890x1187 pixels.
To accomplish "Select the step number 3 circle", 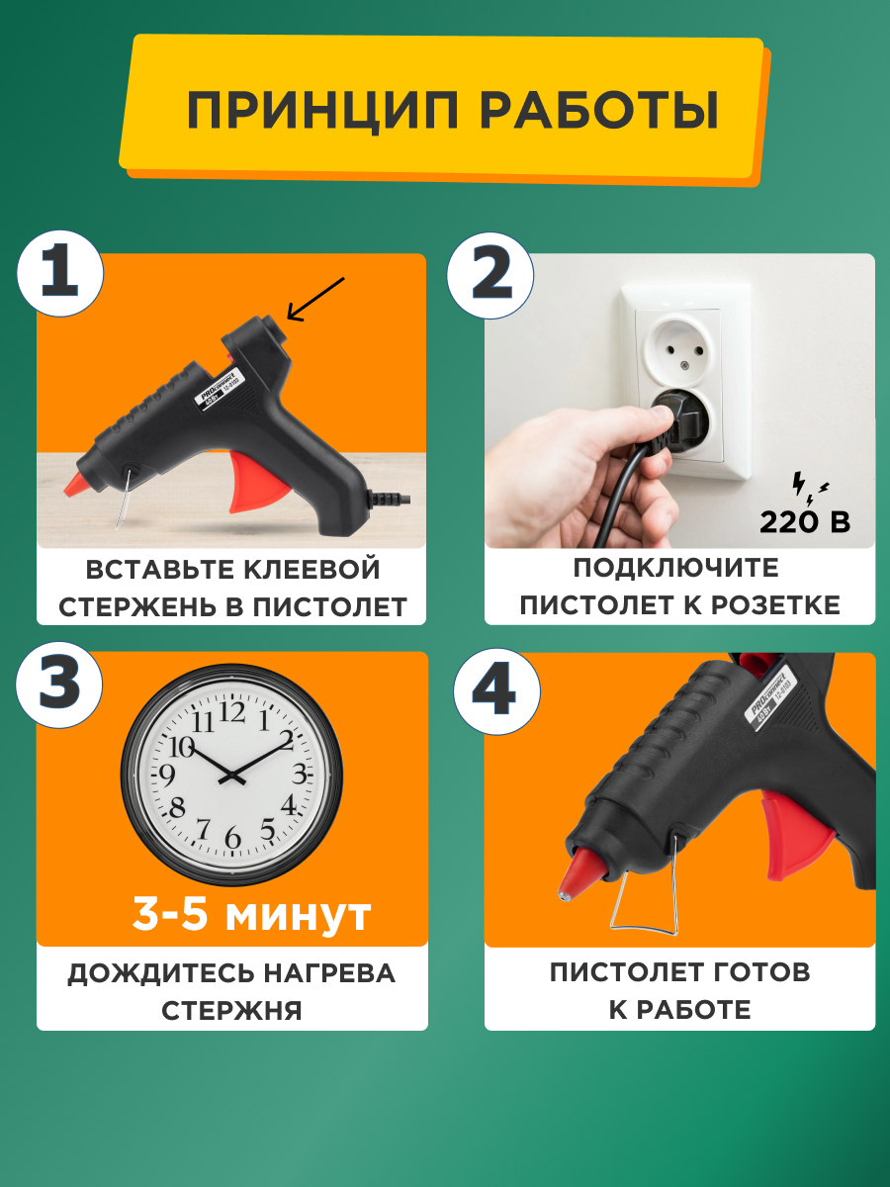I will coord(59,684).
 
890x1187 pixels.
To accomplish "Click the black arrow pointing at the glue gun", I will coord(314,299).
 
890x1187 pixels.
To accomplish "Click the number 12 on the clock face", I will coord(233,710).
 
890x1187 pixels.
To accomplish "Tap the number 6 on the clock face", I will coord(233,839).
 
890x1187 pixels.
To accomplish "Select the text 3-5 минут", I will coord(251,915).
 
